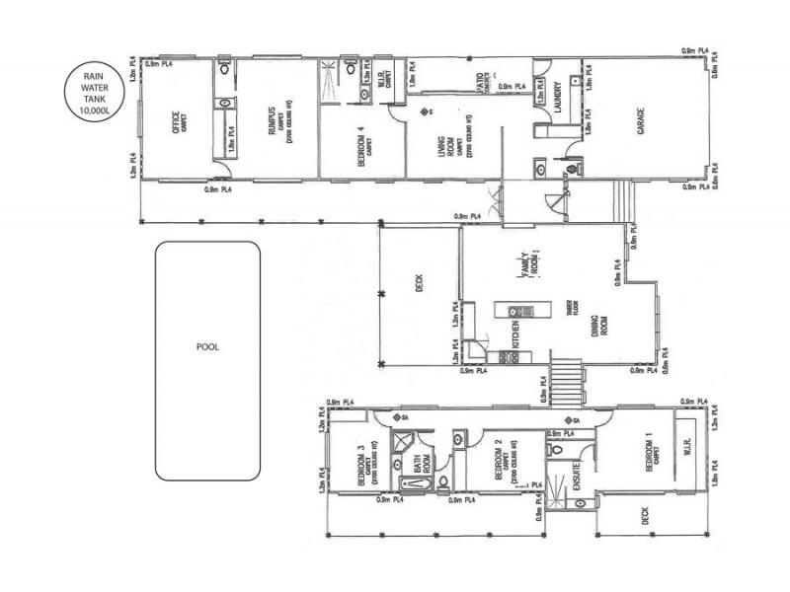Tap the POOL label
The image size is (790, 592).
[207, 347]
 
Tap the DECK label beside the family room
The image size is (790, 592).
[419, 285]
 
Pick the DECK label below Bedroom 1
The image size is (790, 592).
[644, 516]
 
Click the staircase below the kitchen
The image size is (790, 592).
[567, 380]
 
